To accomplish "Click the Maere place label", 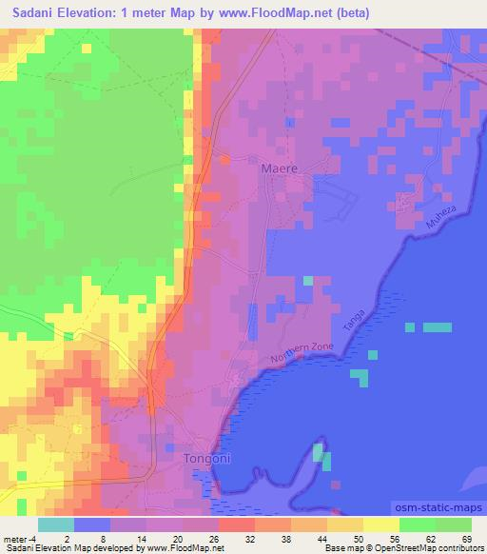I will click(279, 168).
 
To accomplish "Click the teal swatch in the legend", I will click(55, 524).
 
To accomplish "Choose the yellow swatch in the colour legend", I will click(380, 524).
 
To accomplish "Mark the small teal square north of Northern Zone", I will click(307, 281).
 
